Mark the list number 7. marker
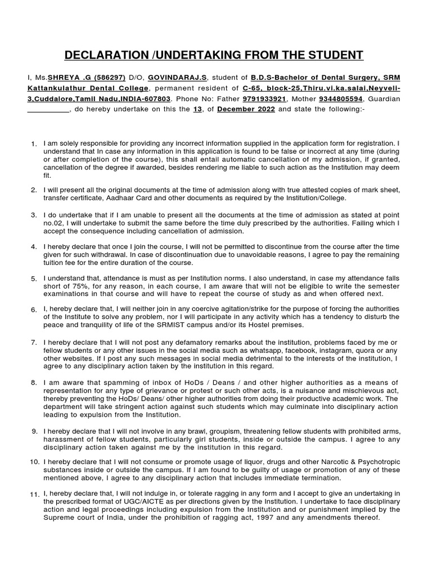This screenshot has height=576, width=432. (34, 343)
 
